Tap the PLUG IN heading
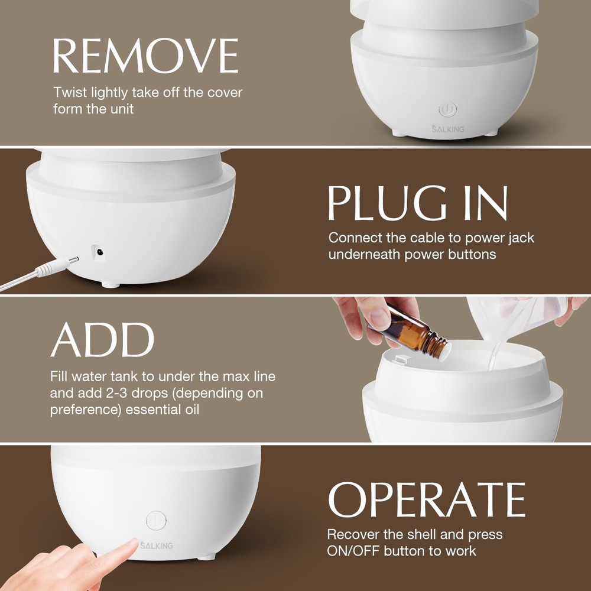417,203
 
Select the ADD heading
102,340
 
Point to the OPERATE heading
426,499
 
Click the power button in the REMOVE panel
447,110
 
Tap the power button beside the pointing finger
156,521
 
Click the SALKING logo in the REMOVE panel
447,129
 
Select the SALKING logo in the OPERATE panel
156,545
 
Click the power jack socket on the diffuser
99,252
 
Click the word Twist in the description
69,93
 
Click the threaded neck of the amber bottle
436,346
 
